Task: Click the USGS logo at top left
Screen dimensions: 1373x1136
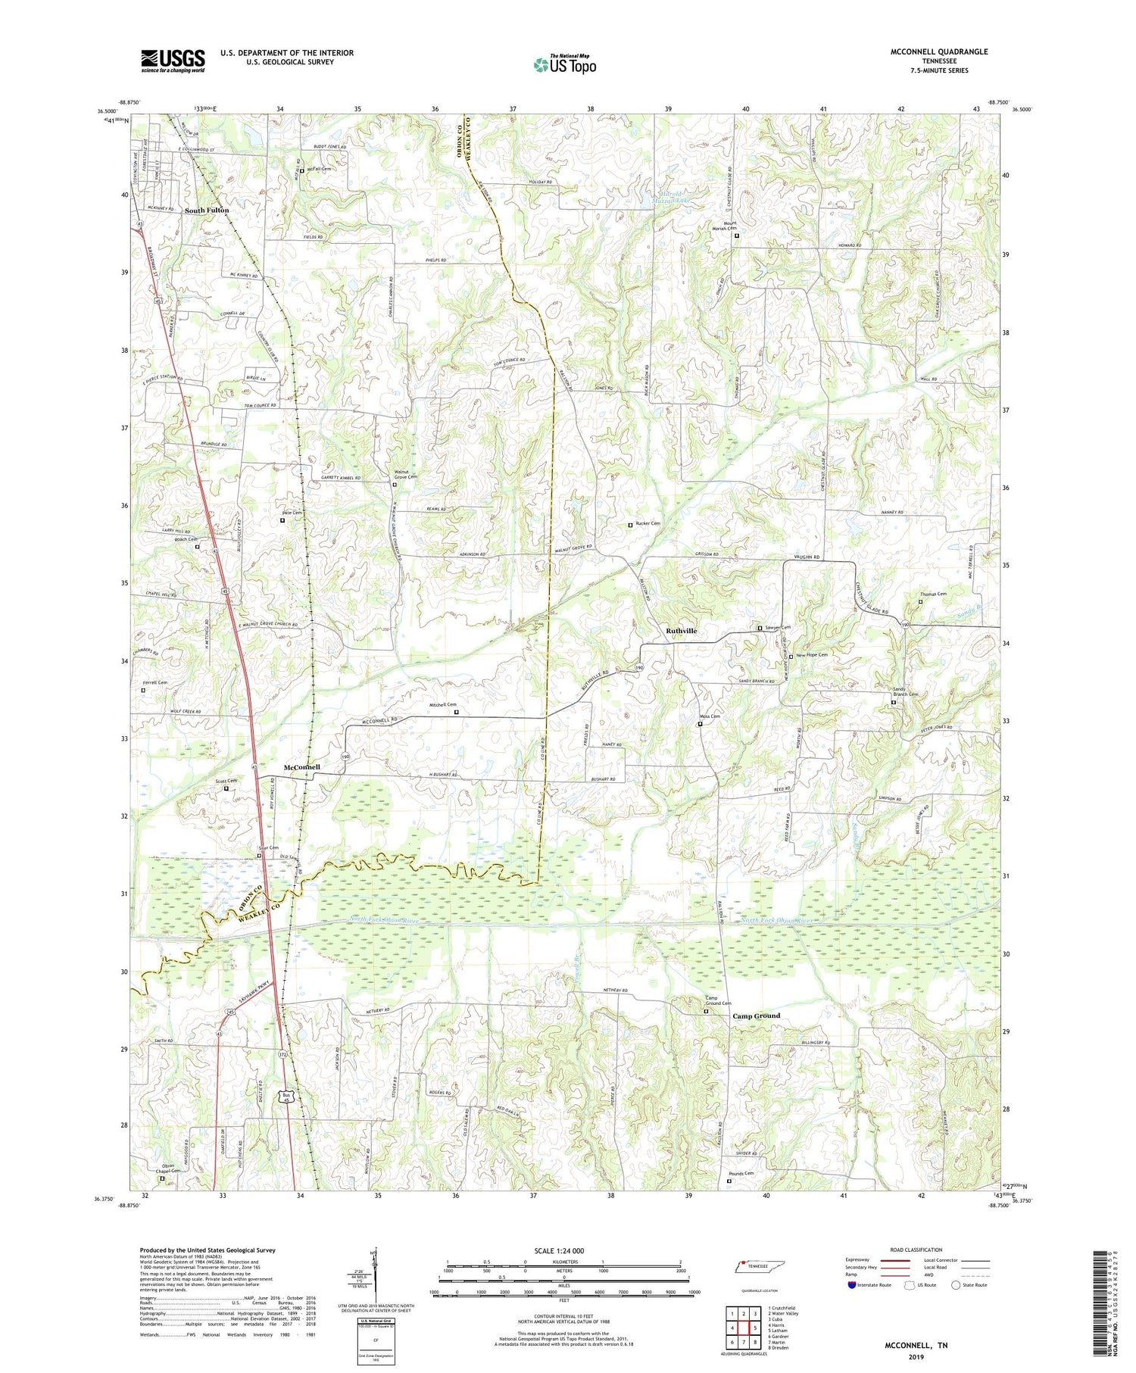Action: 173,61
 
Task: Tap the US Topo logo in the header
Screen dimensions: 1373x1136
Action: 564,64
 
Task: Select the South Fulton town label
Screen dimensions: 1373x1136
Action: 206,210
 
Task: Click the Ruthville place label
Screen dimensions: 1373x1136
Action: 681,630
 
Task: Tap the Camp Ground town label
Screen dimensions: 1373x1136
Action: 755,1016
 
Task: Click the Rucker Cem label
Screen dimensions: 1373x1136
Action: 648,523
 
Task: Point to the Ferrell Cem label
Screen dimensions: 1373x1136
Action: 154,682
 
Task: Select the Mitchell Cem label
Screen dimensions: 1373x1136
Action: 443,705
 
